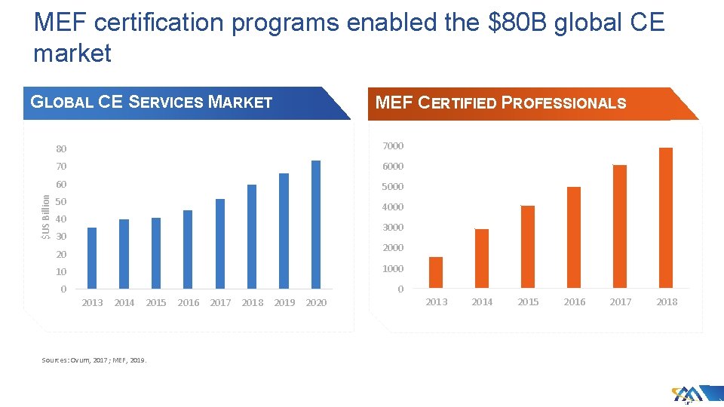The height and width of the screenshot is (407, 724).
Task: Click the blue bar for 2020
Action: pos(316,225)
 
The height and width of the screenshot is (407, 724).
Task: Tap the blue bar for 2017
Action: pos(220,243)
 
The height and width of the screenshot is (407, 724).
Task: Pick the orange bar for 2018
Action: pos(666,218)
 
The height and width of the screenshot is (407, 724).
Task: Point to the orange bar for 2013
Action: pos(436,273)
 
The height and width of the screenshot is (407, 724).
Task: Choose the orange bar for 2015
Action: pos(528,246)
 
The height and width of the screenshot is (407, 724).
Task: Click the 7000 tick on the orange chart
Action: pos(393,145)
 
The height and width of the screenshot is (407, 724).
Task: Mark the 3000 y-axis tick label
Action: pos(393,227)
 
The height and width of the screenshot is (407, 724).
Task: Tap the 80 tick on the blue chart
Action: pos(61,148)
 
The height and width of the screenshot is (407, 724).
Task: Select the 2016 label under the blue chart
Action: pos(189,303)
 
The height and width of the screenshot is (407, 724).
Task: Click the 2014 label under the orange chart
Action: pos(482,302)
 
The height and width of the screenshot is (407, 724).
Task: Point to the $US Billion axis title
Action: pos(46,217)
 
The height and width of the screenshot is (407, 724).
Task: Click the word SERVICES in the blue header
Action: pos(165,103)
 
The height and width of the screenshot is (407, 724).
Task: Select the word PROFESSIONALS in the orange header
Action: pos(564,103)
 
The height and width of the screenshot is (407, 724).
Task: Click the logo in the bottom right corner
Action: pos(688,395)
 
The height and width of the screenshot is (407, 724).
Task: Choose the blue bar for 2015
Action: pos(156,253)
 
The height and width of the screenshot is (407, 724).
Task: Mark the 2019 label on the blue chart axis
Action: pos(284,303)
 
